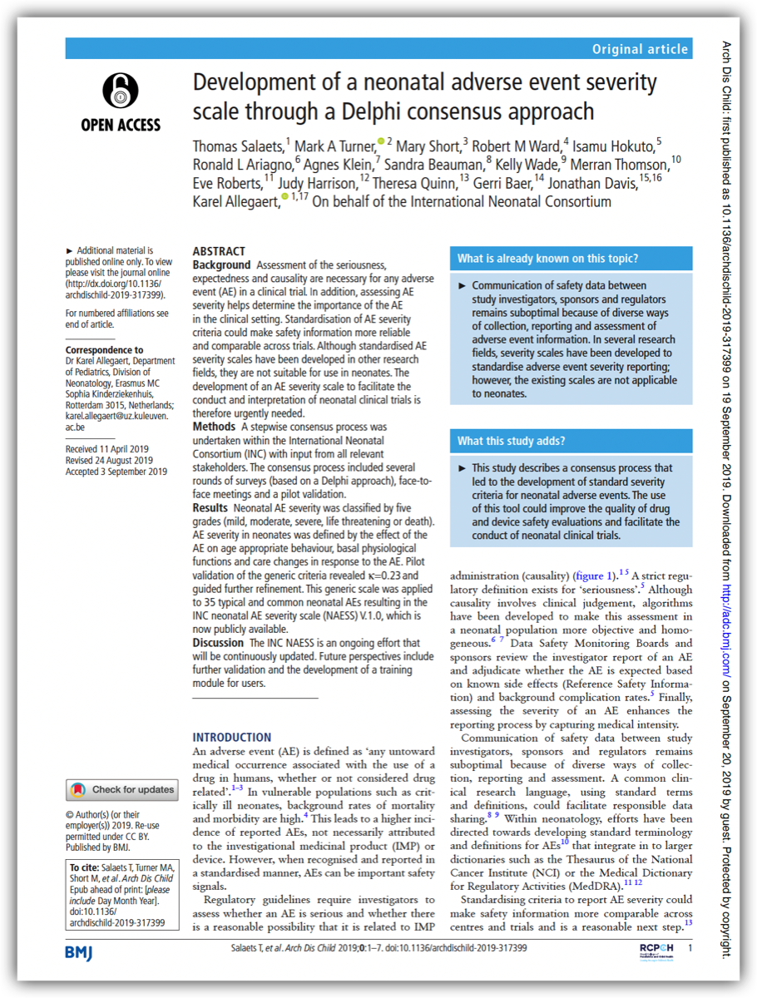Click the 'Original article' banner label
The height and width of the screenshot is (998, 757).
pos(640,49)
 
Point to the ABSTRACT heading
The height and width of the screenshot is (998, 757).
pos(219,251)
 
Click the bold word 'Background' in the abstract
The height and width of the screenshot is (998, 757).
pos(221,264)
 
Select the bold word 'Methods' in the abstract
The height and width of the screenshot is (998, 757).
pos(213,427)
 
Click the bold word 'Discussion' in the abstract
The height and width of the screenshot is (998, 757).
pos(219,642)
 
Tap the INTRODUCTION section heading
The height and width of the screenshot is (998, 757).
pos(231,737)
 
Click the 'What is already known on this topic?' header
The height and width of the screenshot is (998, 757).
pos(548,259)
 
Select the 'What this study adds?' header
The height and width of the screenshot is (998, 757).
pos(512,441)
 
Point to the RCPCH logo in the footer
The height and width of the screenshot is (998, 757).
pos(656,949)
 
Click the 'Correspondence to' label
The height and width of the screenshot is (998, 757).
pos(104,350)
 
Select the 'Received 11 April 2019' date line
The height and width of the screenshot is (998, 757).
pos(109,449)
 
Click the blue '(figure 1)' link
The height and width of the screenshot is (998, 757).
pos(594,575)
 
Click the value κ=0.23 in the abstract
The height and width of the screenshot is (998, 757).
pos(382,575)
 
